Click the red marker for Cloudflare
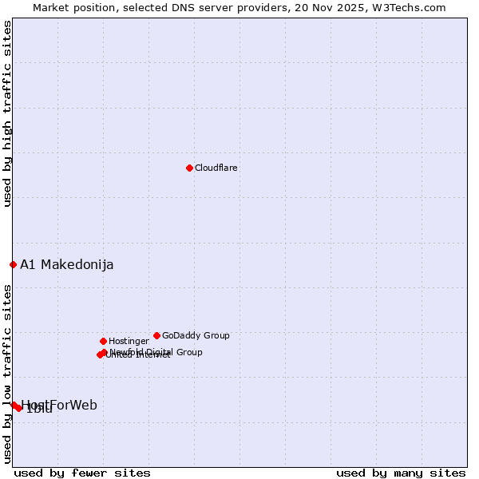pos(189,168)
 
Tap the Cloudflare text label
pos(216,168)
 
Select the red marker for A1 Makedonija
pos(13,264)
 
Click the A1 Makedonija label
pos(67,264)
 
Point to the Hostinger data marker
pos(103,341)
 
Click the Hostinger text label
pos(129,341)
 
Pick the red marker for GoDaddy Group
pos(156,335)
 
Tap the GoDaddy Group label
pos(196,335)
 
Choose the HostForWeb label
pos(59,405)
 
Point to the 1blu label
pos(38,410)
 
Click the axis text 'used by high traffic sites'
pos(7,114)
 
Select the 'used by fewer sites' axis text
pos(82,473)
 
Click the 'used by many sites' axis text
pos(401,473)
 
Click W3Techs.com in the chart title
pos(410,7)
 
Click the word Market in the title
pos(52,7)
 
